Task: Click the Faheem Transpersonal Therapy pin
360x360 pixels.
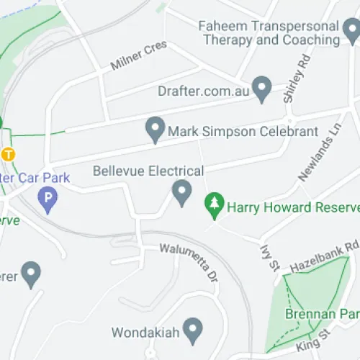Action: pyautogui.click(x=351, y=30)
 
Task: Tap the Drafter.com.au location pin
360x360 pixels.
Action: pyautogui.click(x=262, y=89)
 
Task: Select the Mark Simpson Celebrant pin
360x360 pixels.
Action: pyautogui.click(x=153, y=130)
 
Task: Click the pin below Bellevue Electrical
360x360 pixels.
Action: pyautogui.click(x=181, y=192)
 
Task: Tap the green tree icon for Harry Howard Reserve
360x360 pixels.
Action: pyautogui.click(x=214, y=205)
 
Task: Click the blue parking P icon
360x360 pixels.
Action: pyautogui.click(x=48, y=197)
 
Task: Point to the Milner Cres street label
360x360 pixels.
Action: pyautogui.click(x=138, y=55)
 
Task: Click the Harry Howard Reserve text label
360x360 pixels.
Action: pyautogui.click(x=292, y=207)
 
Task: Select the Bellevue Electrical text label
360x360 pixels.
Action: pyautogui.click(x=148, y=171)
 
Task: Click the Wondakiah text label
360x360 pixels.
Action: pyautogui.click(x=144, y=333)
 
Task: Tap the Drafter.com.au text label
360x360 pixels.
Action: pyautogui.click(x=204, y=91)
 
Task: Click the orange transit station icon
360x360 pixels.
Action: pyautogui.click(x=8, y=154)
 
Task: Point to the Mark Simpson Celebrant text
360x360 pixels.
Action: pyautogui.click(x=242, y=132)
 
